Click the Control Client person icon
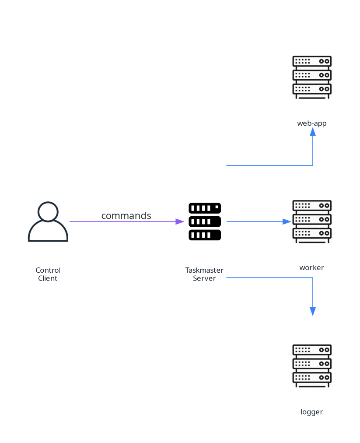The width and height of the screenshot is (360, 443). [x=48, y=222]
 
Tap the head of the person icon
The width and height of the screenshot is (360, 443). [x=48, y=211]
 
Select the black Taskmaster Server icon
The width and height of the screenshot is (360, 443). [x=204, y=221]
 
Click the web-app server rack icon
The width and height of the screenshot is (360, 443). [x=312, y=77]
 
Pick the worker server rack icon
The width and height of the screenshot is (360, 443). [x=312, y=221]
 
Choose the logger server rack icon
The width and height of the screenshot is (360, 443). [x=312, y=366]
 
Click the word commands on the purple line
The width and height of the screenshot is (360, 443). [x=126, y=216]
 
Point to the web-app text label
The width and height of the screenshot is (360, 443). [x=312, y=123]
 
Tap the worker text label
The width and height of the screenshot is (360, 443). [x=311, y=267]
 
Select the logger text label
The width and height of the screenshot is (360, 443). [x=311, y=412]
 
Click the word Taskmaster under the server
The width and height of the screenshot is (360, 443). [x=204, y=270]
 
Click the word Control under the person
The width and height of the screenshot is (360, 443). [x=48, y=270]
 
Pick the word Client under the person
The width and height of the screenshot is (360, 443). [x=48, y=278]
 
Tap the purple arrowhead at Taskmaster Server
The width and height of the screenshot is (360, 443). [x=180, y=221]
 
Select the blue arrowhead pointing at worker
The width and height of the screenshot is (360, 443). [x=287, y=221]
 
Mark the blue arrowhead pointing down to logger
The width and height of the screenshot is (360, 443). [x=313, y=311]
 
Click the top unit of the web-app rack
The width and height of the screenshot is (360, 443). [x=312, y=62]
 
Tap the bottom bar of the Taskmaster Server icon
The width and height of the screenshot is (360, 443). [x=204, y=235]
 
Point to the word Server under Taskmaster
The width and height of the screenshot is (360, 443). [x=204, y=278]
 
